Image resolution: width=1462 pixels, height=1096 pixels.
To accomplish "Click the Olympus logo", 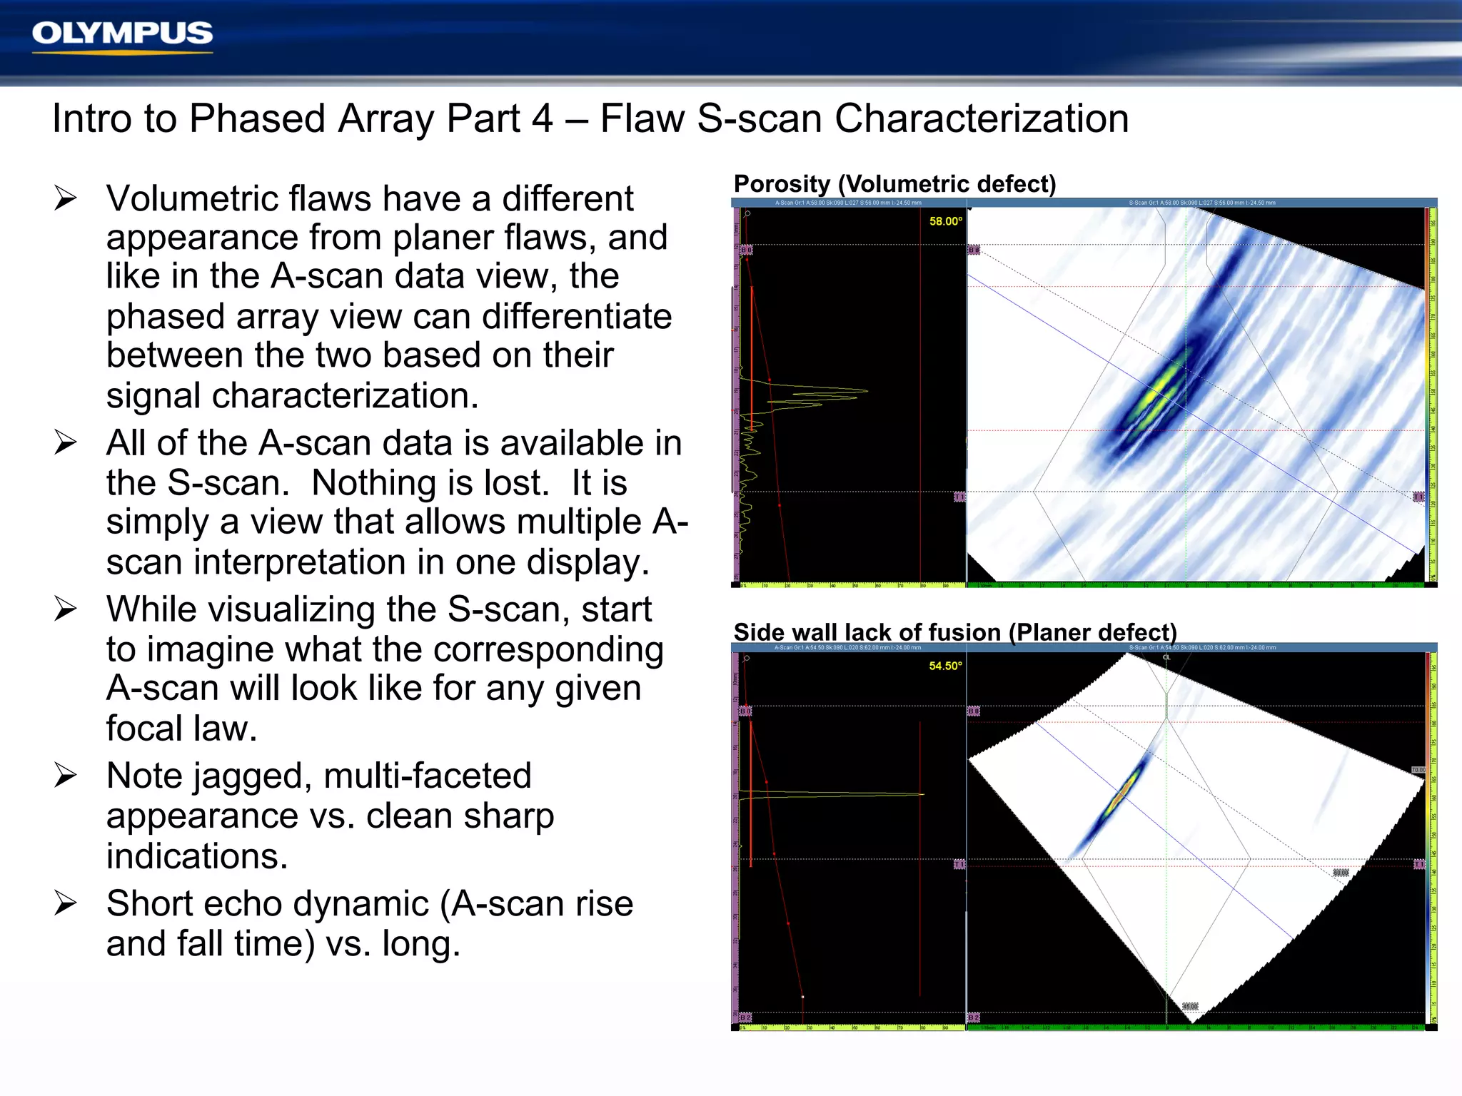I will (122, 34).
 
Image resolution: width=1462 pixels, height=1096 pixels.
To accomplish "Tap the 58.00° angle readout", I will (945, 221).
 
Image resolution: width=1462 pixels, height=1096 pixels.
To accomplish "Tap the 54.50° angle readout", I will (945, 666).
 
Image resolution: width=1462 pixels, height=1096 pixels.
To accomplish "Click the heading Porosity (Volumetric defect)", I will (894, 184).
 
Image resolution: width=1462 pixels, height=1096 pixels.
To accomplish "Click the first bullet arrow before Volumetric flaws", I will (65, 198).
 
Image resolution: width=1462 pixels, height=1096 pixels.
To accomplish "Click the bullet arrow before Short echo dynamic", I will (65, 903).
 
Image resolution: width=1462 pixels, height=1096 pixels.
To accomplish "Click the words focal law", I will (181, 729).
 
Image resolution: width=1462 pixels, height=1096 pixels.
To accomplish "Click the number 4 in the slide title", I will (542, 118).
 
